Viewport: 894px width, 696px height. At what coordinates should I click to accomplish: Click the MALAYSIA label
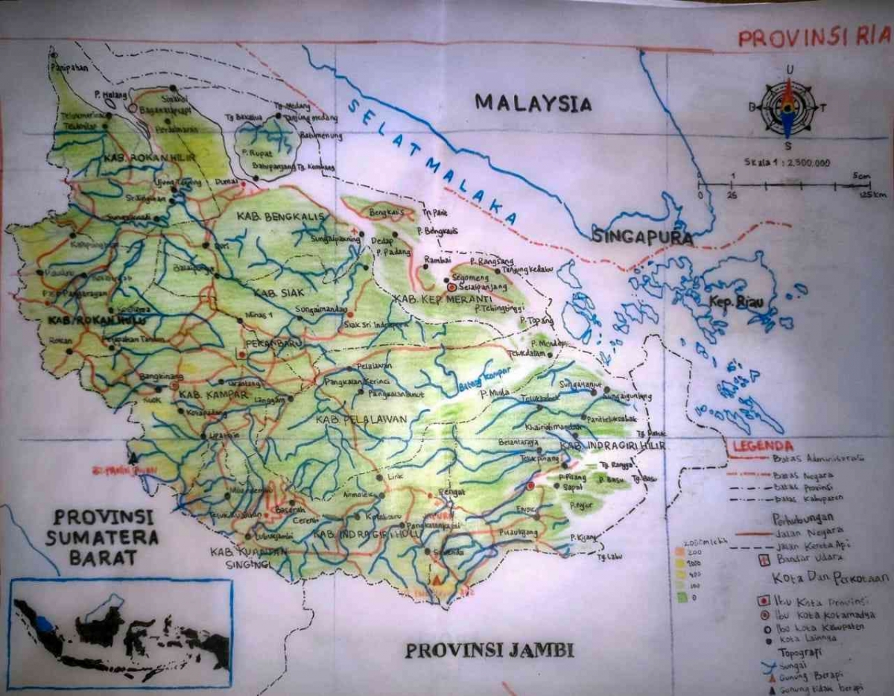(533, 103)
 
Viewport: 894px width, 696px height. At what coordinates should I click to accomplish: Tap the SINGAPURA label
(643, 238)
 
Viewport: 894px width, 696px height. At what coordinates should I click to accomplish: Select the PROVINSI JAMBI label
(489, 650)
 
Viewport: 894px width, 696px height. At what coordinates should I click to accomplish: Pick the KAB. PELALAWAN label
(361, 420)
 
